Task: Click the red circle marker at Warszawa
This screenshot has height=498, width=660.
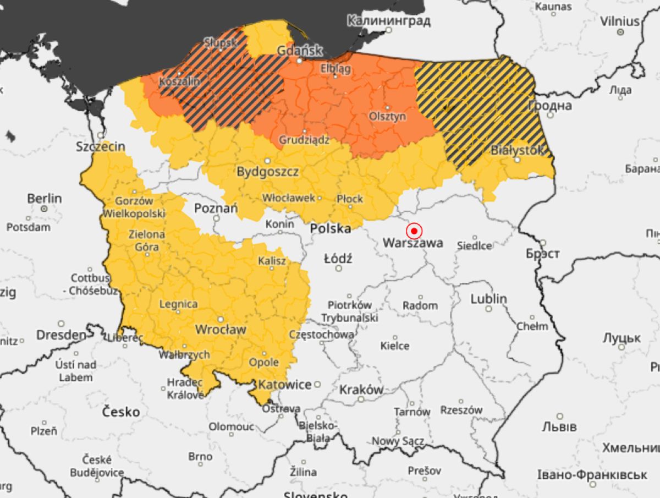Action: (x=414, y=231)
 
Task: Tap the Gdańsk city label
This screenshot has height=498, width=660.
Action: (x=300, y=50)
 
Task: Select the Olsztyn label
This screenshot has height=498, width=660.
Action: (x=387, y=116)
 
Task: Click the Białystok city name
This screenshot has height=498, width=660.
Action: (x=517, y=150)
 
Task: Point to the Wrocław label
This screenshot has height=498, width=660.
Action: (x=221, y=329)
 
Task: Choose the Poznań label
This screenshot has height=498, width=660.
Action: (x=216, y=208)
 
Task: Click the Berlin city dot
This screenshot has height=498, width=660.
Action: (x=44, y=209)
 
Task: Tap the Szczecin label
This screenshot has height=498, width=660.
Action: (x=101, y=146)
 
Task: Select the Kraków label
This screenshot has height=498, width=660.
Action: (x=361, y=389)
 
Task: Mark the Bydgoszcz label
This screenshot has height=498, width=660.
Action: (x=267, y=172)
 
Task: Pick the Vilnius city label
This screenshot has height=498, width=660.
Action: (x=620, y=21)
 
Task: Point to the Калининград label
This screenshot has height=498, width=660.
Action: (x=388, y=21)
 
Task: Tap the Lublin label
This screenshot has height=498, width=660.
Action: (x=488, y=299)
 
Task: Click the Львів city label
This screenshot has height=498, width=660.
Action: (x=559, y=427)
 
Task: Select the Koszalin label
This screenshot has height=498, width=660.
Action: (x=179, y=81)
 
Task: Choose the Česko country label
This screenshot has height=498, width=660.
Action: (x=122, y=412)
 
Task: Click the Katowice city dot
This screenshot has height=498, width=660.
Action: (x=317, y=384)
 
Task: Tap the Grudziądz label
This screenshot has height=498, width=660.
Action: (x=304, y=140)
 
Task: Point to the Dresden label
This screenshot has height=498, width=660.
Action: (x=61, y=335)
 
